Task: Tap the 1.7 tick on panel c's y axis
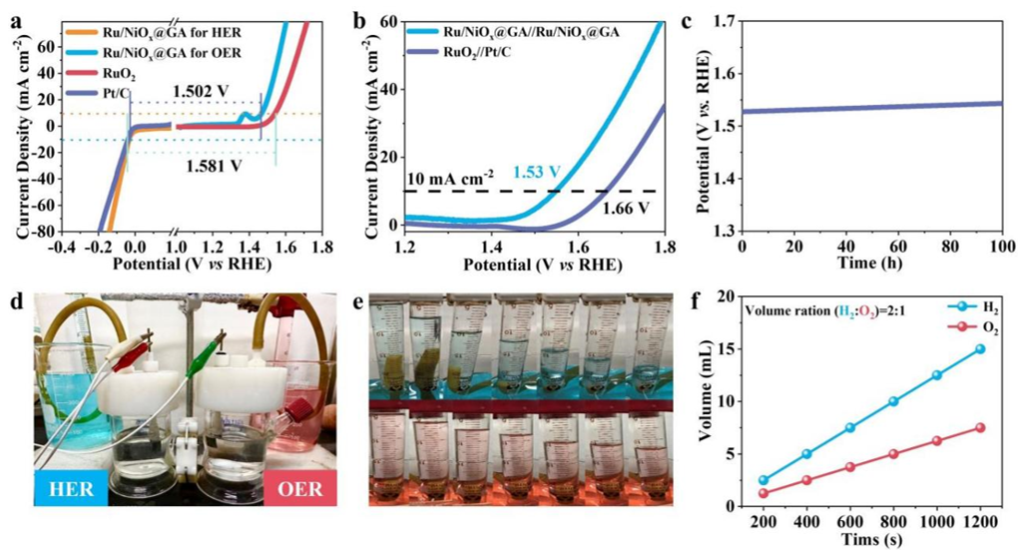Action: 720,21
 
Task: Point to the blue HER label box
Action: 72,488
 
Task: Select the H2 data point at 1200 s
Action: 980,349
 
